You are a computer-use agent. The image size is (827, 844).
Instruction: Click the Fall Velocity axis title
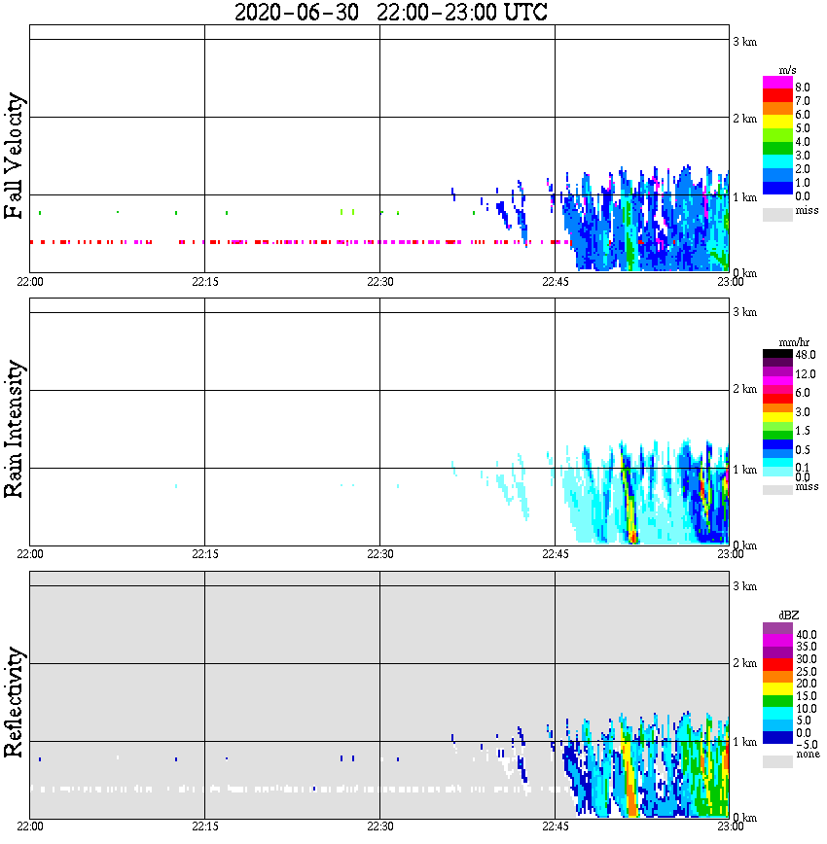[x=15, y=157]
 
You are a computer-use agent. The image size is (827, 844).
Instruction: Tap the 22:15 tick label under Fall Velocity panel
[x=204, y=282]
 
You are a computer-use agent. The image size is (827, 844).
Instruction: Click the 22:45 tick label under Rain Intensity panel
[x=555, y=554]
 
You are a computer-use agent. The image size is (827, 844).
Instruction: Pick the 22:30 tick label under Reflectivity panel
[x=379, y=826]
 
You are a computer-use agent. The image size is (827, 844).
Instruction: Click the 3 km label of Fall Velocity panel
[x=744, y=41]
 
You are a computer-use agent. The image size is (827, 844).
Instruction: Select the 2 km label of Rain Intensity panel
[x=744, y=390]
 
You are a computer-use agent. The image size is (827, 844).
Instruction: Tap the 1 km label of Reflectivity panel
[x=744, y=742]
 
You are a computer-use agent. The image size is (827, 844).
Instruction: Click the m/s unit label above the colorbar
[x=787, y=70]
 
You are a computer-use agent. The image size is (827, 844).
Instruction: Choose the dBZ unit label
[x=788, y=615]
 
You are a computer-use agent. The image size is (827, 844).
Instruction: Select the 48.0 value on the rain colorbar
[x=805, y=355]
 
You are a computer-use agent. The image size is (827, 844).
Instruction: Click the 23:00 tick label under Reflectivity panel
[x=730, y=826]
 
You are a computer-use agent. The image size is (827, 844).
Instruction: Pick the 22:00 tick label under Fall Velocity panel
[x=30, y=282]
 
